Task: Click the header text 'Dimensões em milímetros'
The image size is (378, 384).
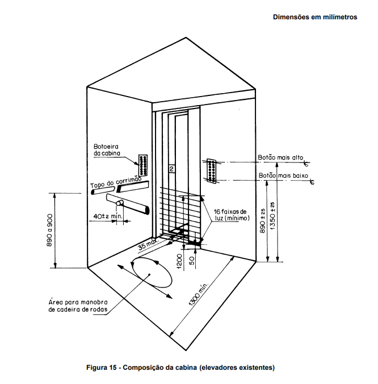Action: click(315, 18)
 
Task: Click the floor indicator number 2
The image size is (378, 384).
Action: click(171, 169)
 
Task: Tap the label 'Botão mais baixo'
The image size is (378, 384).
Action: click(283, 176)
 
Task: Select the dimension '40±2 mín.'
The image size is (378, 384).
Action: click(108, 215)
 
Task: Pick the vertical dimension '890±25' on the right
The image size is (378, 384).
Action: click(262, 222)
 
